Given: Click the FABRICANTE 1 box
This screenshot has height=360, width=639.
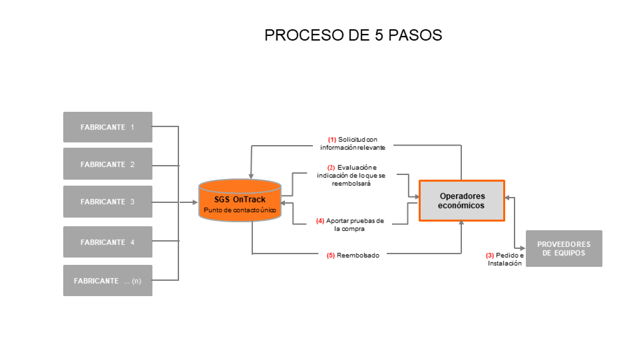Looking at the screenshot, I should click(108, 127).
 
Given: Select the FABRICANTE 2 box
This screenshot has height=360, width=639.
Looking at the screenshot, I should click(108, 164).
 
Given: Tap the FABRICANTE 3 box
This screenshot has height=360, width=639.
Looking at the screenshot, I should click(108, 202).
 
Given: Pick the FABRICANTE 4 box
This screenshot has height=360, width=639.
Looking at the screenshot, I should click(108, 242).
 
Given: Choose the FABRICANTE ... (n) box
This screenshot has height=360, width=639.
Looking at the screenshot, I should click(108, 281).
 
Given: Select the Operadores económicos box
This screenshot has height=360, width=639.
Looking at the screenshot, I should click(462, 201).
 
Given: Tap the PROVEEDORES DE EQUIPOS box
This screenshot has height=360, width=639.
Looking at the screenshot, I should click(564, 248).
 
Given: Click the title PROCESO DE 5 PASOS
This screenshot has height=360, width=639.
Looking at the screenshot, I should click(353, 35).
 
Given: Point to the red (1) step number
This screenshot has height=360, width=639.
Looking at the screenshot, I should click(332, 139).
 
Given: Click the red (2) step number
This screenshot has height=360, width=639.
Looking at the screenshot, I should click(331, 167).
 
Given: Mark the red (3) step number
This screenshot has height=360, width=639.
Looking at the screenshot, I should click(490, 256).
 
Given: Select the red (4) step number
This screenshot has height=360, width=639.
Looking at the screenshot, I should click(320, 221).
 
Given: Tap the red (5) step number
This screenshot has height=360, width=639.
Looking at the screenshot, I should click(331, 255).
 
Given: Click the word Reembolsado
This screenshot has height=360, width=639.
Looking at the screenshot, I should click(358, 255).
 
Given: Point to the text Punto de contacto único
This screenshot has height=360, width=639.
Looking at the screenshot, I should click(240, 210).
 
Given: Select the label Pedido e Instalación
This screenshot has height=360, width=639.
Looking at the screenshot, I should click(505, 260).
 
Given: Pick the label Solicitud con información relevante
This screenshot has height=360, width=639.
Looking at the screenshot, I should click(356, 143).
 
